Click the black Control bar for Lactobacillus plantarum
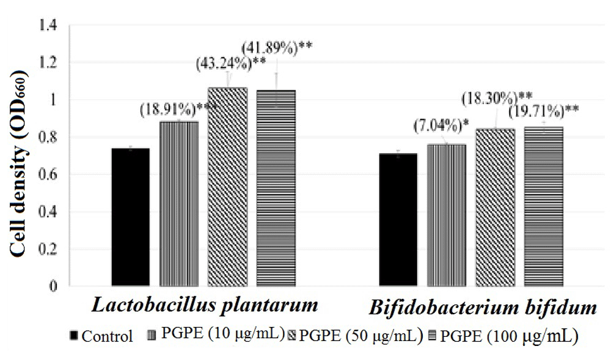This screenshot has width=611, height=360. [131, 217]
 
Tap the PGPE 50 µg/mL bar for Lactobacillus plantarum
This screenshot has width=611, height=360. [227, 186]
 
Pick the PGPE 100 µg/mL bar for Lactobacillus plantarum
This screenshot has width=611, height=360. [275, 188]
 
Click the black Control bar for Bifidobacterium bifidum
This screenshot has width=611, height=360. [398, 219]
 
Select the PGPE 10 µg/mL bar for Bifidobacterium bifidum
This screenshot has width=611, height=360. [446, 215]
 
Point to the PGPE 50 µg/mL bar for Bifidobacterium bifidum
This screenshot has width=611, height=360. [494, 207]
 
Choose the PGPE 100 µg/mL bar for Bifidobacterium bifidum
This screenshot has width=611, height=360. [543, 206]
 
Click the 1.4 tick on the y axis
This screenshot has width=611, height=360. [47, 26]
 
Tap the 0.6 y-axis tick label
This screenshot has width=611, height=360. [47, 175]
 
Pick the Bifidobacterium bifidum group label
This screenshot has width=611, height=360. [482, 307]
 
